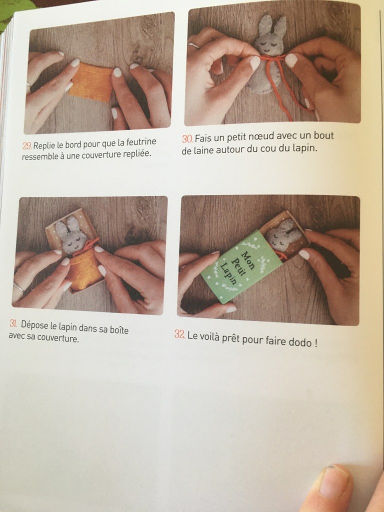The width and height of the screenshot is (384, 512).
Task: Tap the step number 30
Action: (187, 138)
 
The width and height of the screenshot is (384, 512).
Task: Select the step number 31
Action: (13, 323)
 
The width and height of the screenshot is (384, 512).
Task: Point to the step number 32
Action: (180, 334)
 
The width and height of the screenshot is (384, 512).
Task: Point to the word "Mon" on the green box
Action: (248, 260)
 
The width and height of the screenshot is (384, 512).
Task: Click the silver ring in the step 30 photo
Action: (193, 45)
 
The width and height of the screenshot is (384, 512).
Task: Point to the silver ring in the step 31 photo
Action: (18, 286)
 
